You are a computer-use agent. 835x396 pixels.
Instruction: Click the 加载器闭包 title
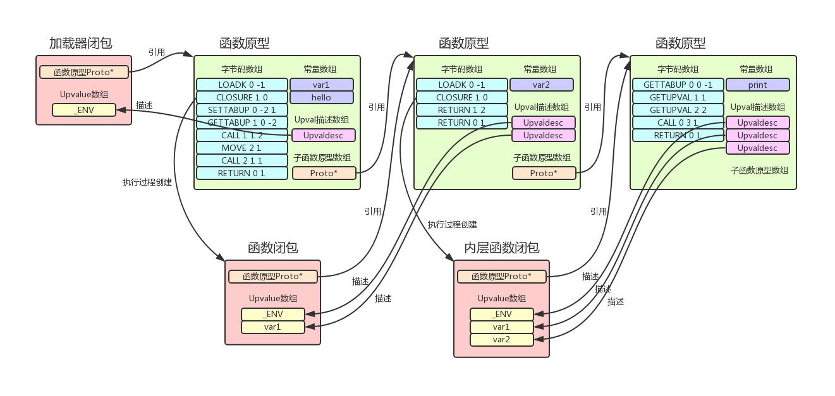pos(81,44)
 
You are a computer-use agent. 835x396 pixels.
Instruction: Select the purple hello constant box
pos(321,97)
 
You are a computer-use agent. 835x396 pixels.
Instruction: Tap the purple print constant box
pos(757,85)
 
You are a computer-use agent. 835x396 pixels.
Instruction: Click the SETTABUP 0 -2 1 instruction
pos(241,110)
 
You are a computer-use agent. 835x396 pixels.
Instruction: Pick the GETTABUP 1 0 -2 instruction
pos(241,123)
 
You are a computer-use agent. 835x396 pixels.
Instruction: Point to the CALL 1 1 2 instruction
pos(241,135)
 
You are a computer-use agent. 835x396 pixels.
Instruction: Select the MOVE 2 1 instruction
pos(241,148)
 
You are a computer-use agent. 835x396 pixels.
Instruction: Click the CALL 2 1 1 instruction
pos(241,160)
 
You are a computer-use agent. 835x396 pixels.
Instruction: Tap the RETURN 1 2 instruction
pos(461,110)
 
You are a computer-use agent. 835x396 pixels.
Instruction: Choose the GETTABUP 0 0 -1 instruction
pos(678,85)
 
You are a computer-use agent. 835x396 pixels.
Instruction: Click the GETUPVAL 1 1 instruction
pos(678,97)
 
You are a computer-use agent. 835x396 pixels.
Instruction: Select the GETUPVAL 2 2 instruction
pos(678,110)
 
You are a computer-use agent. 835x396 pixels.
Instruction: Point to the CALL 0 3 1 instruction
pos(678,123)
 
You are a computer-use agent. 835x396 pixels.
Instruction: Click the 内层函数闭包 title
pos(502,248)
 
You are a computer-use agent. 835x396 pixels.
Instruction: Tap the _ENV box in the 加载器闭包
pos(84,110)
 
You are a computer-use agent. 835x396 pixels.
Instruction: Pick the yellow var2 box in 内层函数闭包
pos(501,340)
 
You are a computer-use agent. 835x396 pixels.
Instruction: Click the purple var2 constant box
pos(541,85)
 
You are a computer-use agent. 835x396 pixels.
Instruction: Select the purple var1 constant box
pos(321,85)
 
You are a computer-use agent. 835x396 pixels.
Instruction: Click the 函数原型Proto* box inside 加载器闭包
pos(84,72)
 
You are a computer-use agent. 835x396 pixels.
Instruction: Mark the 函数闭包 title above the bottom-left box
pos(273,248)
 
